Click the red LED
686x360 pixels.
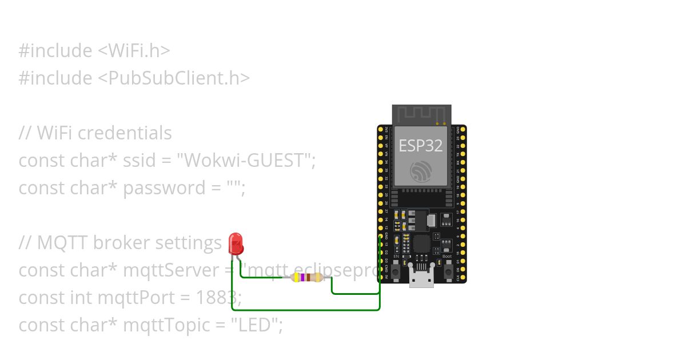click(236, 244)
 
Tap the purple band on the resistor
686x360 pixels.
click(301, 278)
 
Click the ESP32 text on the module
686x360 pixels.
click(421, 146)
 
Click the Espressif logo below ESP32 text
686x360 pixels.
click(421, 171)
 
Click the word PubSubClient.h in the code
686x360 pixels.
click(177, 78)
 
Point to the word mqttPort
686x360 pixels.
click(133, 298)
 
